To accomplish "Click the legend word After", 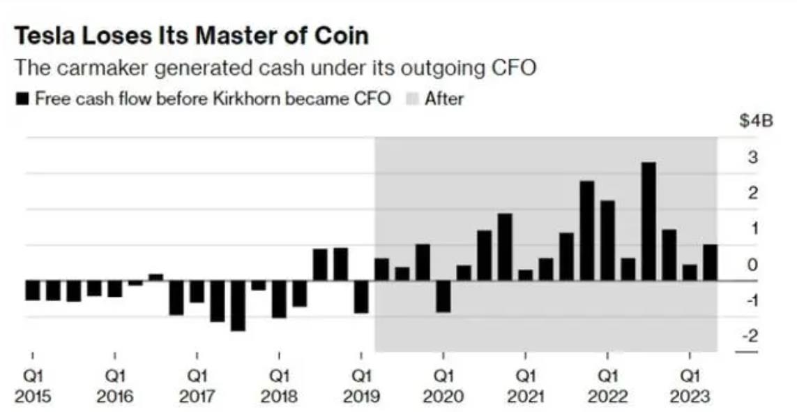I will (444, 98).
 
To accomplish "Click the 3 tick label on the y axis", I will (753, 156).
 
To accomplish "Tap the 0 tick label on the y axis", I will (753, 265).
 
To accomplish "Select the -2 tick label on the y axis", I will (750, 336).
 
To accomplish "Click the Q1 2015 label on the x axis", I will (33, 386).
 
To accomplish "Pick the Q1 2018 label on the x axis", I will (279, 386).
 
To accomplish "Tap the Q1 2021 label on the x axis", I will (526, 386).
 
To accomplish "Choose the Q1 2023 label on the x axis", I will (690, 386).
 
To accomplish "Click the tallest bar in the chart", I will (648, 221).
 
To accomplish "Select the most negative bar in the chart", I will (238, 305).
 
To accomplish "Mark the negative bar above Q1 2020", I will (443, 296).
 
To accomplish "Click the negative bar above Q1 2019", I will (361, 297).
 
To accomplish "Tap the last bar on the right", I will (710, 263).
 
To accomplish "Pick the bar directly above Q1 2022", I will (607, 240).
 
